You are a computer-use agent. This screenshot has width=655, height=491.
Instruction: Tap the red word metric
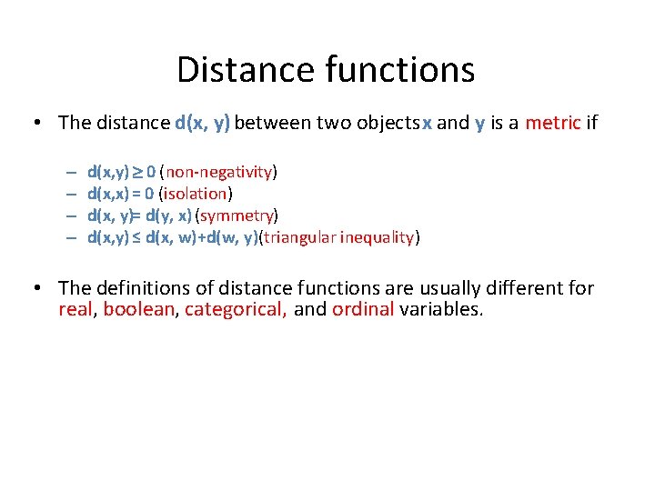[x=552, y=123]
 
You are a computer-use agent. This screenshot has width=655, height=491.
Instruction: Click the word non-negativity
[x=218, y=172]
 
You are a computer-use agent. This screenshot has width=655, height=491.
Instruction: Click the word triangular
[x=303, y=237]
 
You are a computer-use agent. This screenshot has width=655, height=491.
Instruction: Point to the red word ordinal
[x=363, y=309]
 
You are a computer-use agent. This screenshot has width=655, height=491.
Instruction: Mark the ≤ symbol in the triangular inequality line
[x=136, y=237]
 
